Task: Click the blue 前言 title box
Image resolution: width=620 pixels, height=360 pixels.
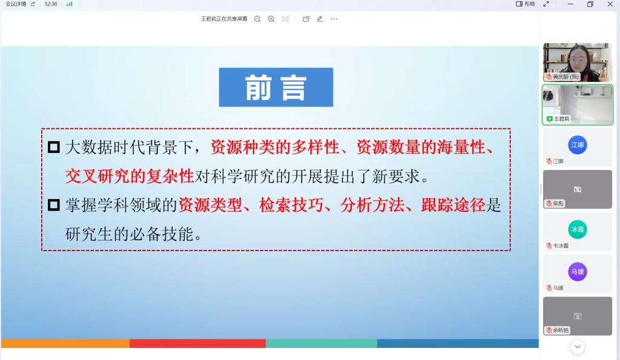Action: click(x=276, y=87)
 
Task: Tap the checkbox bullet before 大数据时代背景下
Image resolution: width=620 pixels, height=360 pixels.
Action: click(x=54, y=148)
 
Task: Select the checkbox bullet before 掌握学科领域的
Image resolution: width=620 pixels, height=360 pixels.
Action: click(x=54, y=205)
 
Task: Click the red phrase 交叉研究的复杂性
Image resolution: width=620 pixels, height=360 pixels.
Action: click(x=130, y=176)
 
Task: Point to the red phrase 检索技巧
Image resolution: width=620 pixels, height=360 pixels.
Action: click(x=291, y=205)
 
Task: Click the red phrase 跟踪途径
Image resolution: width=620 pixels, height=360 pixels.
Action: click(x=453, y=205)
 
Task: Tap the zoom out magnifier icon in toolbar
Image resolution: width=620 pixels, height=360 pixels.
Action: click(x=257, y=19)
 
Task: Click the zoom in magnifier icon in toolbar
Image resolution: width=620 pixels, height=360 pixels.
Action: click(x=271, y=19)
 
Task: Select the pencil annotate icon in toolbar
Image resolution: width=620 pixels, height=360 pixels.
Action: click(x=320, y=19)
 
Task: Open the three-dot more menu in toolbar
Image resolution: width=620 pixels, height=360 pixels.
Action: click(x=334, y=19)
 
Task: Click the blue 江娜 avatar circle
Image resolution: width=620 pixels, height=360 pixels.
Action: click(x=577, y=145)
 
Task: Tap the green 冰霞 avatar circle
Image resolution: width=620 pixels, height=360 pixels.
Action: click(x=577, y=229)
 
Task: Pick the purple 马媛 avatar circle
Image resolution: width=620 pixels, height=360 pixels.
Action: click(x=577, y=272)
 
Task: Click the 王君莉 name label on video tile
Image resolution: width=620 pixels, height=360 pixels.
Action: click(x=561, y=119)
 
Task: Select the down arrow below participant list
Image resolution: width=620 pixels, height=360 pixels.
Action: click(x=577, y=347)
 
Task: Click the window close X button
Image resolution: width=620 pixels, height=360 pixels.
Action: click(x=610, y=4)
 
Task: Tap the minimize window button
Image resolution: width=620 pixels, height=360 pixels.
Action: click(x=570, y=4)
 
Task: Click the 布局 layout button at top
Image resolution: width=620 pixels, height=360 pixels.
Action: click(x=526, y=4)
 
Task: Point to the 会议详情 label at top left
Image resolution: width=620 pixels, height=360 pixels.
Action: click(x=16, y=4)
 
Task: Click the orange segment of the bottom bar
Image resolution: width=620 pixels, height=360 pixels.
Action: click(x=65, y=344)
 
